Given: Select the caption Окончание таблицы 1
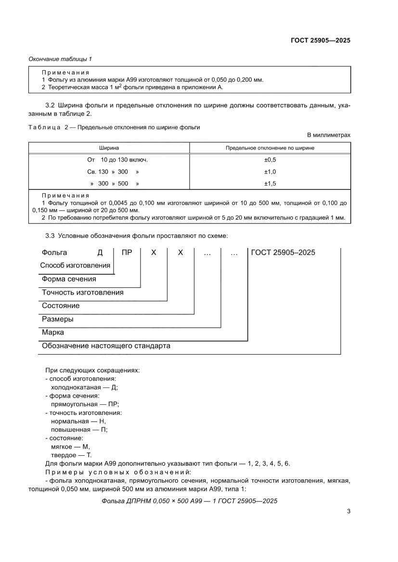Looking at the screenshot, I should pos(60,59).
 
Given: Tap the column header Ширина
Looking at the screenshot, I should pos(109,148).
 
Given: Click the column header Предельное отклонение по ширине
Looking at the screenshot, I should pos(270,148).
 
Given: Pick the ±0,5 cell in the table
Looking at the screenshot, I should pos(270,160).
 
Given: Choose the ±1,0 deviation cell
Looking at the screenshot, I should pos(270,172).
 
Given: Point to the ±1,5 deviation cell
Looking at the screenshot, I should pos(270,184).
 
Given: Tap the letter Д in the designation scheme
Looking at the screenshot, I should pos(100,252).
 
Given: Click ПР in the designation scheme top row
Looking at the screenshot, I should pos(127,252).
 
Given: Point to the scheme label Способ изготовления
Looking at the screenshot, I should pos(75,265).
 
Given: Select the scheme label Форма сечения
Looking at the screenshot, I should pos(69,279).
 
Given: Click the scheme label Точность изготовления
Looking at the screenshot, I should pos(82,292).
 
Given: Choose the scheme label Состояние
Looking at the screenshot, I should pos(61,306).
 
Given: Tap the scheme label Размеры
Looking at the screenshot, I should pos(58,319).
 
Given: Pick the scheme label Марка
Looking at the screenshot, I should pos(53,332).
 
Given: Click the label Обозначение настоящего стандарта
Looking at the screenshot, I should pos(106,346).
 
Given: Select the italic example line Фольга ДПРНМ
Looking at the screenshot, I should pos(190,501).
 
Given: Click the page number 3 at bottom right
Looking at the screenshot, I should pos(348,511).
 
